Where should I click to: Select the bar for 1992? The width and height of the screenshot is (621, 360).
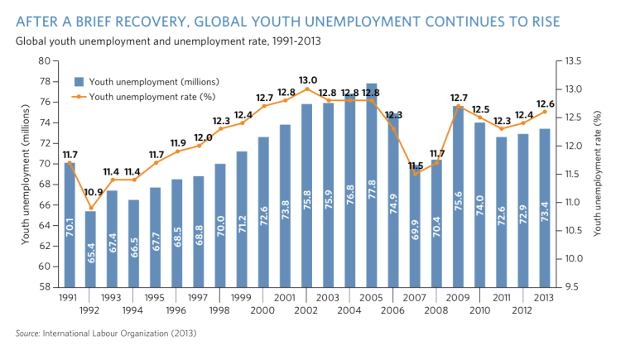pyautogui.click(x=90, y=249)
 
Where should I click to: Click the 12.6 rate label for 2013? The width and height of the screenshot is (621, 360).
pyautogui.click(x=546, y=103)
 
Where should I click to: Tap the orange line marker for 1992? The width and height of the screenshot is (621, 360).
pyautogui.click(x=90, y=208)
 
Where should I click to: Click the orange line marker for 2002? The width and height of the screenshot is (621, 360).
pyautogui.click(x=307, y=89)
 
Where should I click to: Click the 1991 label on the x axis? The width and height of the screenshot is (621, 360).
pyautogui.click(x=69, y=296)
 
